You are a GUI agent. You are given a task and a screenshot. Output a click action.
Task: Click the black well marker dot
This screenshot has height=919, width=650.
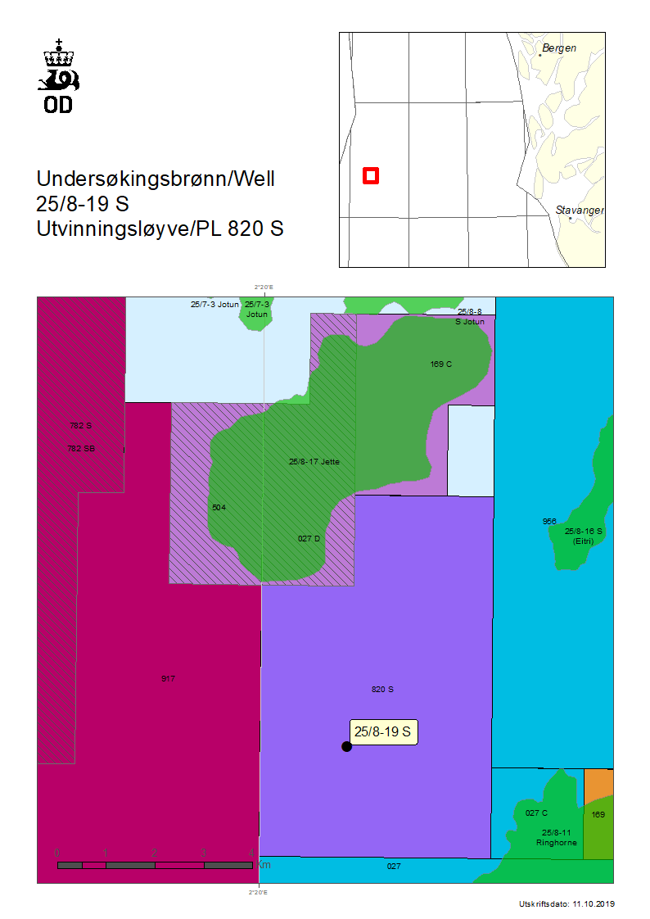(346, 746)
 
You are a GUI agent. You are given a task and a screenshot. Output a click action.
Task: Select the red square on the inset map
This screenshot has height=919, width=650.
(370, 175)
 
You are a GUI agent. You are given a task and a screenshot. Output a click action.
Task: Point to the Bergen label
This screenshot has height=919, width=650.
(559, 48)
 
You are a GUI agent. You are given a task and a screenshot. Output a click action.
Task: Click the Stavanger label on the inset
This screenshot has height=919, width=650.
(580, 211)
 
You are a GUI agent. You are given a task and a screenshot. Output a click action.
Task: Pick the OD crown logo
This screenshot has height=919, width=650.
(58, 75)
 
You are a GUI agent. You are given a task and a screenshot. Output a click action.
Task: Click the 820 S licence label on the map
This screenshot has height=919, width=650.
(382, 690)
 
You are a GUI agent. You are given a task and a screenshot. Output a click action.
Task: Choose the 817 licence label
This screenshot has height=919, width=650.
(169, 678)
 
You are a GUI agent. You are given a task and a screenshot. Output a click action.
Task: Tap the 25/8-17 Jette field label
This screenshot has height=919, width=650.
(314, 462)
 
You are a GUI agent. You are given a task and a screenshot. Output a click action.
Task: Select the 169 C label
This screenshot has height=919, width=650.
(440, 364)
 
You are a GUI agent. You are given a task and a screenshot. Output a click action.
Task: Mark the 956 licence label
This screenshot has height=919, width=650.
(549, 521)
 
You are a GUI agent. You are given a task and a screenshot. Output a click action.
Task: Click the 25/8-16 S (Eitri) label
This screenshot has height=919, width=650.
(583, 536)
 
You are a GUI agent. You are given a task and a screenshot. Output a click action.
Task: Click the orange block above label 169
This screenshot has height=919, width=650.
(598, 785)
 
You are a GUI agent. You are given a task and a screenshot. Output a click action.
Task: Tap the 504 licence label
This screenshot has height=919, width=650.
(219, 508)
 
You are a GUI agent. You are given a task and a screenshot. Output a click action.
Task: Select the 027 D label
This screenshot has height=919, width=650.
(309, 539)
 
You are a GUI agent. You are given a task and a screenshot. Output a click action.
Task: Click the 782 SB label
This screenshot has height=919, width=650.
(80, 448)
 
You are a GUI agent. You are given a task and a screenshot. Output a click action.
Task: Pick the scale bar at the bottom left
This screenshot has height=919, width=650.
(155, 865)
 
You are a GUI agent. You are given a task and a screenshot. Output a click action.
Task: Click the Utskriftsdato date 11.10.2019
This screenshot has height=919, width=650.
(566, 904)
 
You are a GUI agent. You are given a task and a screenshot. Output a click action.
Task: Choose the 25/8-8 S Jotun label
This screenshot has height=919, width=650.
(470, 317)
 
